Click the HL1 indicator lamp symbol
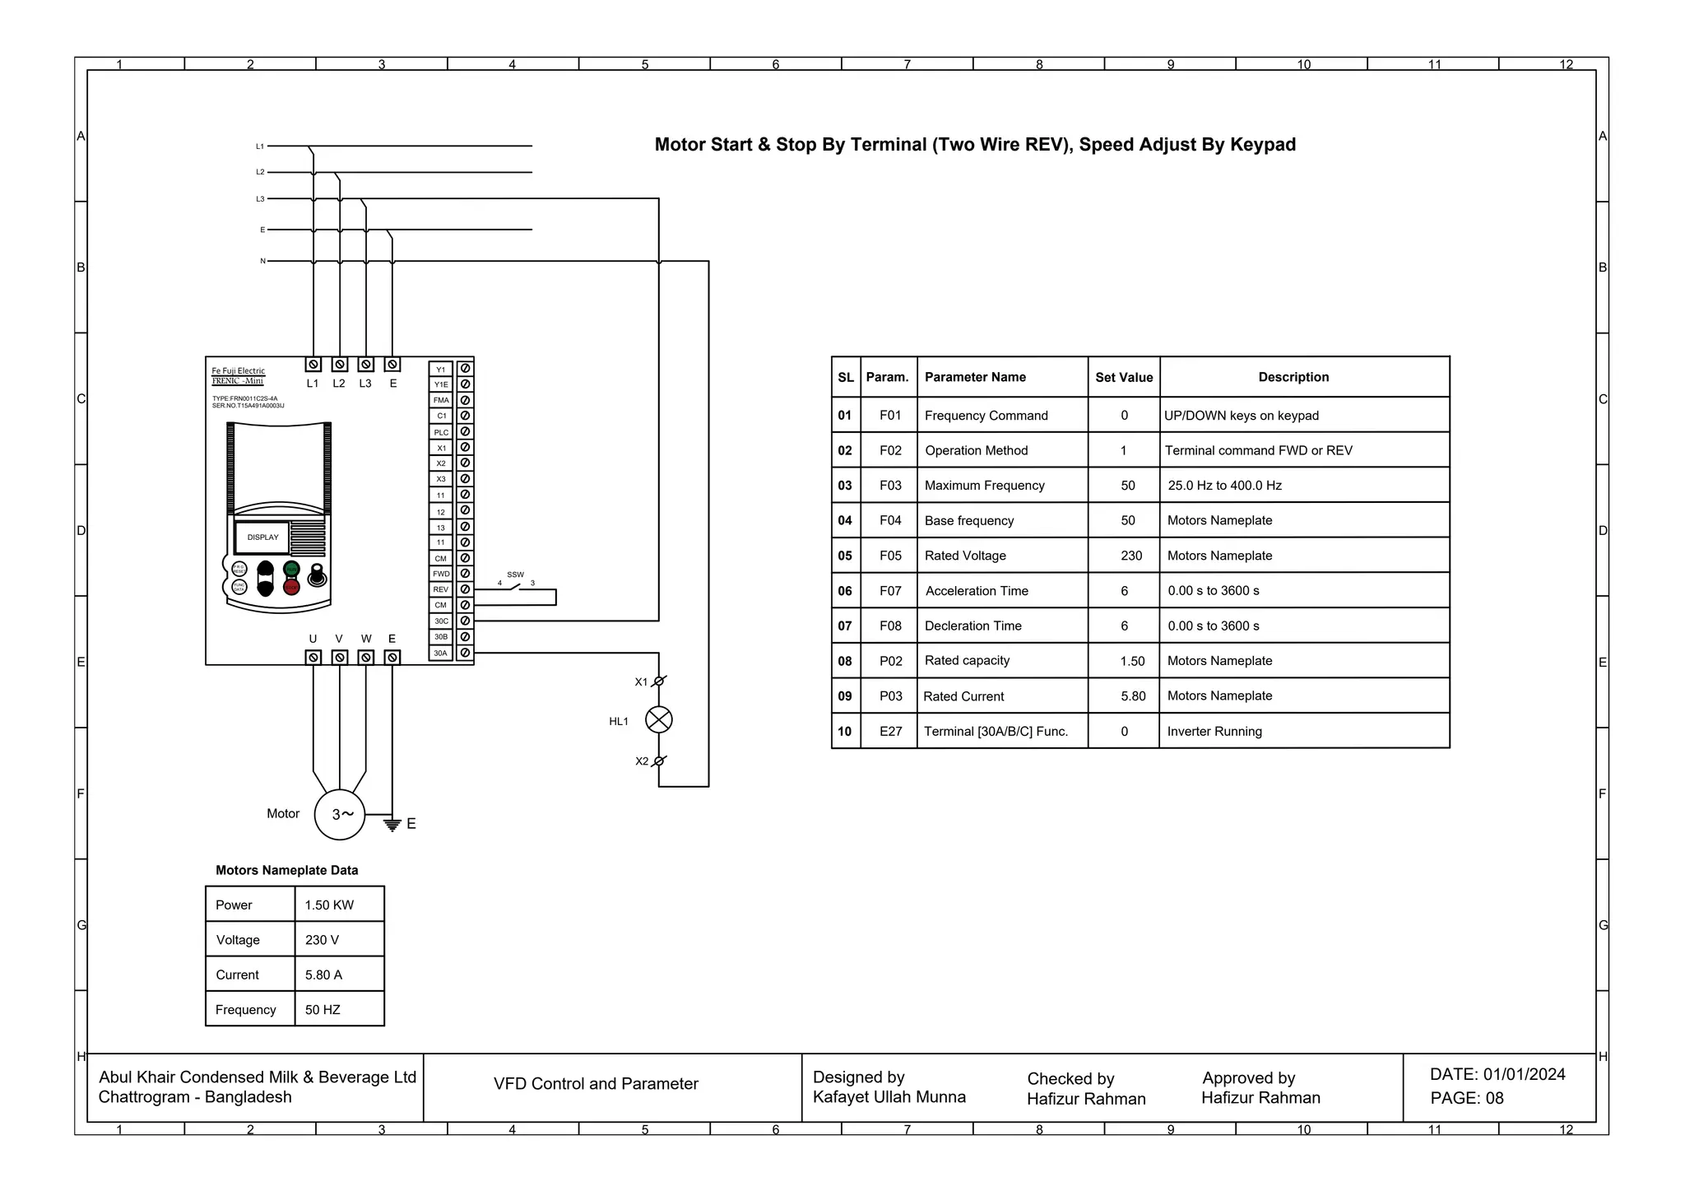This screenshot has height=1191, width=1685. point(658,720)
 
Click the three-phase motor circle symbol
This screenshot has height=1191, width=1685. point(340,814)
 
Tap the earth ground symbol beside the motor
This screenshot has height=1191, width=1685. point(392,823)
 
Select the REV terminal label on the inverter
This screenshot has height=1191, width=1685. point(441,589)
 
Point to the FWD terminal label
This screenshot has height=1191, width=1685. point(441,574)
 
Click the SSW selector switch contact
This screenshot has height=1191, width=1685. point(516,587)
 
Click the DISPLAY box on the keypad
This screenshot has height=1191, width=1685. point(262,537)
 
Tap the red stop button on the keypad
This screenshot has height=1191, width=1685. point(291,587)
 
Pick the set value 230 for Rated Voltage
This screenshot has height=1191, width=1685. point(1131,556)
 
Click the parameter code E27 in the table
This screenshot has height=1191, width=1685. point(890,731)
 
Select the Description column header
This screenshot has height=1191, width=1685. point(1293,377)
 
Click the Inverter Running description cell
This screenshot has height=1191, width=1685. point(1214,731)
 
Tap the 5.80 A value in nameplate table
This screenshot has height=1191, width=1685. point(323,975)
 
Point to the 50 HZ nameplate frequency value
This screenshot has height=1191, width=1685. point(323,1010)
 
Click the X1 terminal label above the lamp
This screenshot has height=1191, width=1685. point(641,682)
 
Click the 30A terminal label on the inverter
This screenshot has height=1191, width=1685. point(441,653)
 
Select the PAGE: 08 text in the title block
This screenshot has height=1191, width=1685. point(1466,1098)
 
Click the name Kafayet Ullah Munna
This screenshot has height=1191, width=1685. point(889,1096)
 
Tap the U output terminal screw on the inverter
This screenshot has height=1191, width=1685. point(313,657)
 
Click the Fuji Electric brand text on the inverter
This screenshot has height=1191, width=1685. point(239,371)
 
